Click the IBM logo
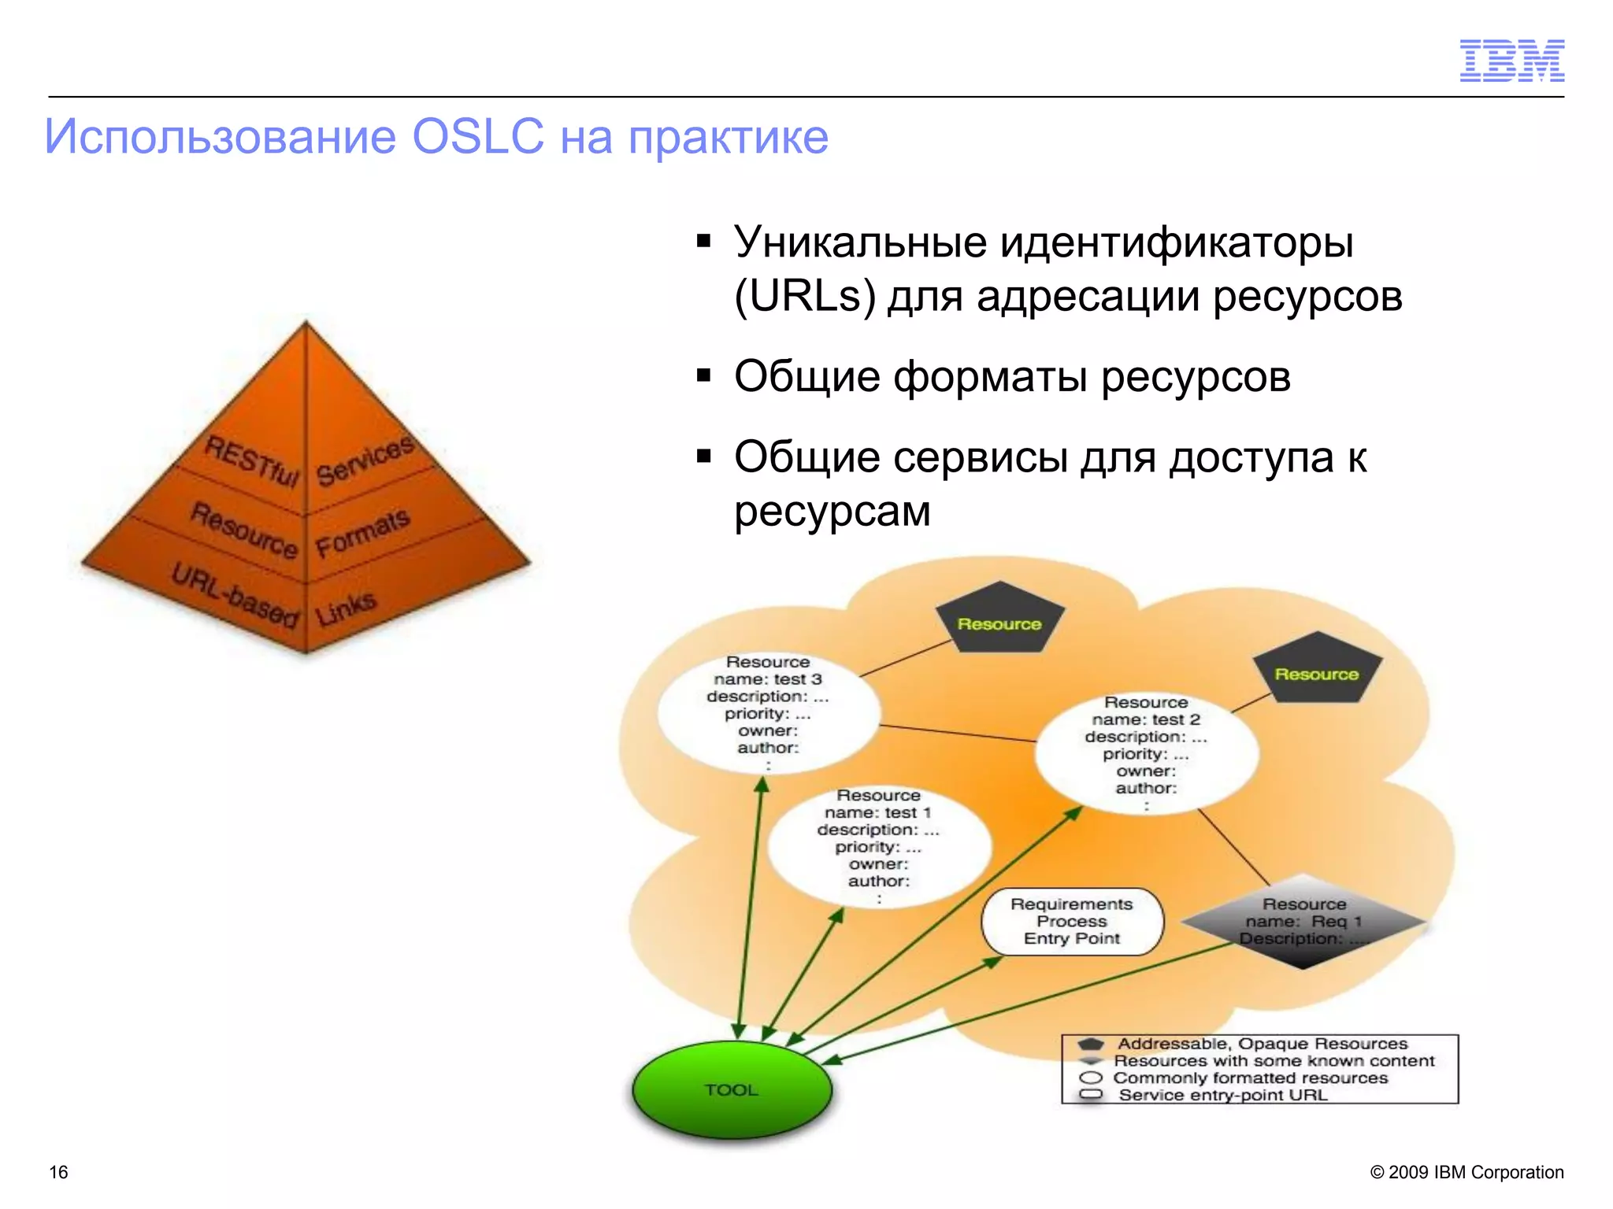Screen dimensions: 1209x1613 click(x=1511, y=61)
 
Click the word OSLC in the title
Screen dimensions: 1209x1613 click(x=478, y=136)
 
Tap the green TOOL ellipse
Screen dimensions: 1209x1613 click(x=732, y=1089)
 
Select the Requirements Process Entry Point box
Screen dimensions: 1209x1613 click(x=1071, y=922)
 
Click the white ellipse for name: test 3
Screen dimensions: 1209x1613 click(x=768, y=712)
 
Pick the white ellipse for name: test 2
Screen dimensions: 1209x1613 click(x=1146, y=752)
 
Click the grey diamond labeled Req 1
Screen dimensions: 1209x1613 click(x=1303, y=922)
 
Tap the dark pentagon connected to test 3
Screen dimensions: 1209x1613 click(x=999, y=621)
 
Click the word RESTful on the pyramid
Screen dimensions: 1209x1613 click(x=251, y=461)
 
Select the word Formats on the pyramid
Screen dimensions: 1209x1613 click(x=363, y=533)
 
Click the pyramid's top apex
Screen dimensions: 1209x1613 click(x=306, y=324)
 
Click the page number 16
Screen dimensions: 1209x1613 click(x=59, y=1172)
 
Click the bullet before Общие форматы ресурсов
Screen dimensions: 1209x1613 click(x=703, y=375)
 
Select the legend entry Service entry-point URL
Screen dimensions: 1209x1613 click(x=1222, y=1095)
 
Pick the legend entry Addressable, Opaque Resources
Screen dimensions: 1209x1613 click(x=1262, y=1044)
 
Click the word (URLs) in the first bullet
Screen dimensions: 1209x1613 click(x=804, y=297)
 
